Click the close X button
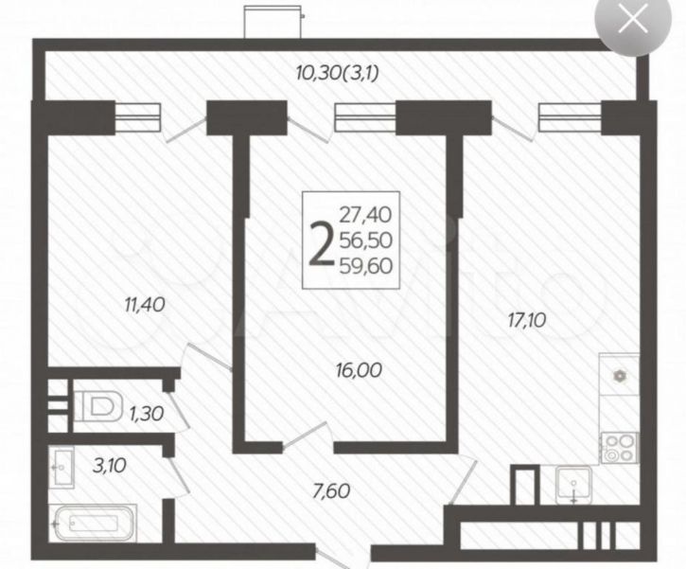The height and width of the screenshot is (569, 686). click(x=634, y=20)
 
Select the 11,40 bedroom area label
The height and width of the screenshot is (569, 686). click(x=145, y=305)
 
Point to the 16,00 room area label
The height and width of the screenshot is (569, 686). click(x=360, y=370)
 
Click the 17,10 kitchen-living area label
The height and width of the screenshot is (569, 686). click(x=527, y=320)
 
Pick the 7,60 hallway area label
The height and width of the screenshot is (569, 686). click(x=331, y=490)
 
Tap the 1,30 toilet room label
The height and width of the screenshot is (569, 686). click(x=147, y=413)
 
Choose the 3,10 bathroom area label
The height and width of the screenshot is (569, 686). click(x=110, y=465)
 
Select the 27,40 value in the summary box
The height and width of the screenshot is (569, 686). click(x=366, y=215)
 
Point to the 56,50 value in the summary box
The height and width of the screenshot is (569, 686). click(x=366, y=240)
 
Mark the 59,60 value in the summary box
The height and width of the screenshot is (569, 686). click(x=366, y=265)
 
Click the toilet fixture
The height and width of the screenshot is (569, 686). click(x=98, y=406)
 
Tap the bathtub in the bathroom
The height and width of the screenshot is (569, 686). click(x=93, y=523)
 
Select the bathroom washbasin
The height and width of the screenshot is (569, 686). click(x=62, y=467)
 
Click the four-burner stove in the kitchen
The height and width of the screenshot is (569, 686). click(x=619, y=447)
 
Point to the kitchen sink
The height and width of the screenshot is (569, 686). click(x=573, y=484)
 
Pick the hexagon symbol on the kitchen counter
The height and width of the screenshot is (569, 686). click(x=619, y=376)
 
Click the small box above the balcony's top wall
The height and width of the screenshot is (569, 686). click(x=273, y=22)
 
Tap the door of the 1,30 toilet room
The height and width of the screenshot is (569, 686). click(x=179, y=410)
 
